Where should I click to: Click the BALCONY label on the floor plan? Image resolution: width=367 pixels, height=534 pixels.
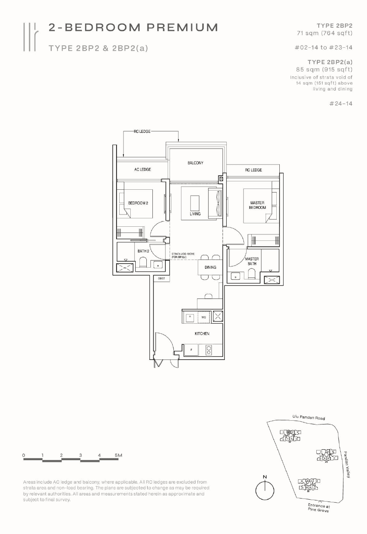point(195,163)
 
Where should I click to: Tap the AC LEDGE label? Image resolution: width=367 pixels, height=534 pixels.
point(143,169)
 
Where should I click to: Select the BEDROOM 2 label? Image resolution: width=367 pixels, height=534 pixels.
point(138,203)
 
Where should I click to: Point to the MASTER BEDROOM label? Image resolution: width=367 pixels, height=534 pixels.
point(257,205)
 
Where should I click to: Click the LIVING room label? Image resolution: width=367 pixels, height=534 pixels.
point(195,214)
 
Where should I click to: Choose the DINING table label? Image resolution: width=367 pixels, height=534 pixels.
point(210,267)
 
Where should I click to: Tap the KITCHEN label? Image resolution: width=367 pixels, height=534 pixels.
point(202,334)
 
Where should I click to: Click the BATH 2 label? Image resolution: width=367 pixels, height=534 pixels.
point(143,251)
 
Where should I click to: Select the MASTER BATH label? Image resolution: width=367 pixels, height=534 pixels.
point(252,261)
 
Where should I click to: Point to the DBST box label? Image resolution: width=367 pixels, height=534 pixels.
point(162,279)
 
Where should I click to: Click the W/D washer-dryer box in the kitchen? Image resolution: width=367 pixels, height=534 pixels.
point(204,317)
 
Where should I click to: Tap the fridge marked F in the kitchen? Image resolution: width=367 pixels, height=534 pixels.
point(191,350)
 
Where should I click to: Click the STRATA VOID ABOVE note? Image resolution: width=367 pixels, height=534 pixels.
point(183,255)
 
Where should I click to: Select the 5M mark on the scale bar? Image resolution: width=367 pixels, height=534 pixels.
point(119,455)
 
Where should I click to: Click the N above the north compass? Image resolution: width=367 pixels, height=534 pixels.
point(265,477)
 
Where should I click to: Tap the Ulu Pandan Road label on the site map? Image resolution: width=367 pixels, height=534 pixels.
point(309,418)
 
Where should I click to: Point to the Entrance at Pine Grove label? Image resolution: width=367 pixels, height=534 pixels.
point(319,508)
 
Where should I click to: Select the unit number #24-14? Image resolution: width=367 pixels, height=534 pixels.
point(341,103)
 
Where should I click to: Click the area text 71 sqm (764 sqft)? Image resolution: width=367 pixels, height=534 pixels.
point(324,33)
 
